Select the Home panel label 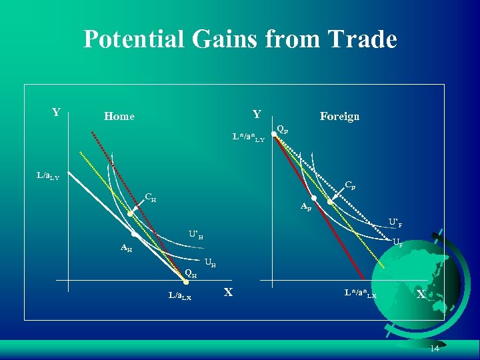pyautogui.click(x=119, y=117)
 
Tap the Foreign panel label pyautogui.click(x=339, y=117)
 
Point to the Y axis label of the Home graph pyautogui.click(x=57, y=112)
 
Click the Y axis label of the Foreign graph pyautogui.click(x=257, y=114)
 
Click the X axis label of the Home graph pyautogui.click(x=228, y=292)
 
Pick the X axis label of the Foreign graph pyautogui.click(x=421, y=294)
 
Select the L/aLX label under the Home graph pyautogui.click(x=179, y=296)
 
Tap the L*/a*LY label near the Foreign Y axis pyautogui.click(x=248, y=138)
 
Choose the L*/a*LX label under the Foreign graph pyautogui.click(x=360, y=293)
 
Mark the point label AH pyautogui.click(x=125, y=249)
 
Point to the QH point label pyautogui.click(x=191, y=272)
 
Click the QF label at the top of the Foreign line pyautogui.click(x=283, y=129)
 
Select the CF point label pyautogui.click(x=349, y=185)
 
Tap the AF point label pyautogui.click(x=305, y=207)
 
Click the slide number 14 pyautogui.click(x=435, y=349)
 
